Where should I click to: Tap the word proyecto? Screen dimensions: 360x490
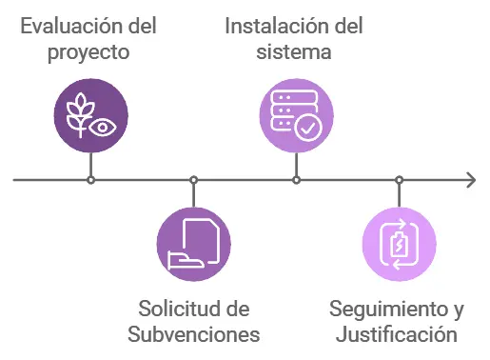[88, 51]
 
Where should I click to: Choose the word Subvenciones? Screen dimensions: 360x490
[193, 335]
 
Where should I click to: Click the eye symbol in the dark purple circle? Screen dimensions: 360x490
[103, 126]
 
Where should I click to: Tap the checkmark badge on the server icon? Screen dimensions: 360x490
[307, 128]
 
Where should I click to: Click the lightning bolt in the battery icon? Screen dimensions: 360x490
[400, 245]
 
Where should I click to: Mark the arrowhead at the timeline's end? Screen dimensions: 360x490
[470, 179]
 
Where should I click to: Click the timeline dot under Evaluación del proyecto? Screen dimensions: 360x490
[90, 179]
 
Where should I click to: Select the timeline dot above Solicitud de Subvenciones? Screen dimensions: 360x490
[193, 179]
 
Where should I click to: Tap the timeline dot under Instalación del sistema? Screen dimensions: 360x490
[296, 179]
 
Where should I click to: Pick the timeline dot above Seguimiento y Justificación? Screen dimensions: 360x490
[399, 179]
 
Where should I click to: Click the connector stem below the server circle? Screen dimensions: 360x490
[296, 164]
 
